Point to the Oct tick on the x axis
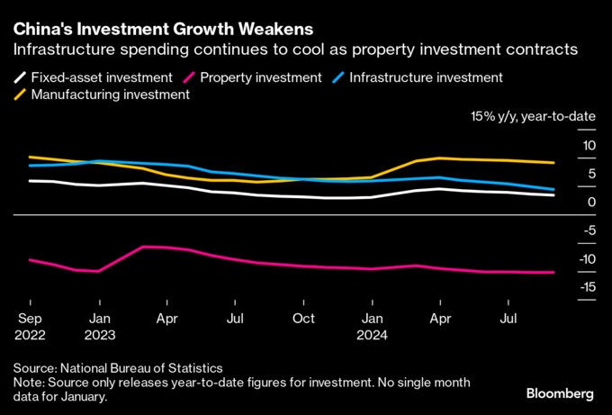pos(303,318)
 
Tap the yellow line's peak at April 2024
pos(439,158)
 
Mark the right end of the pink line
pos(553,272)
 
